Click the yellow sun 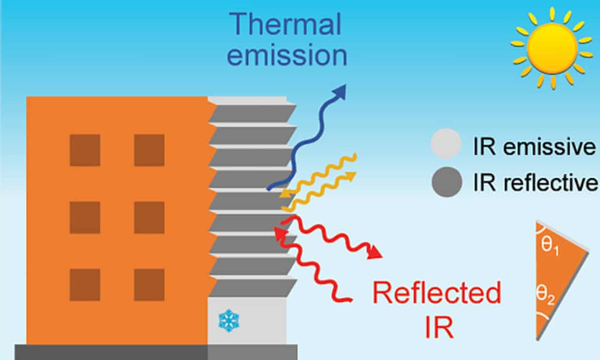[552, 47]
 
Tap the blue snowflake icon [228, 320]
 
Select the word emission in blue [288, 55]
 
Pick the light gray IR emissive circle [446, 143]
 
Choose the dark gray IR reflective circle [446, 181]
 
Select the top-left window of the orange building [85, 150]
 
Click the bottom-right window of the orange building [149, 285]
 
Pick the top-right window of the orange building [149, 150]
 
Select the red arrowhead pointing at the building [280, 233]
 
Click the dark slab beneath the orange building [111, 352]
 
